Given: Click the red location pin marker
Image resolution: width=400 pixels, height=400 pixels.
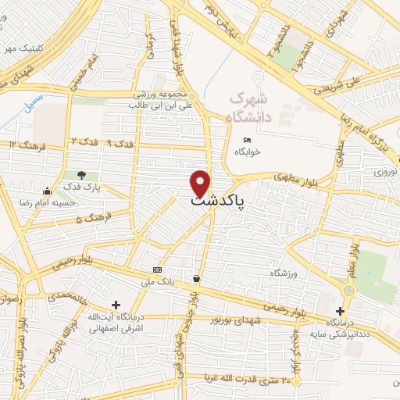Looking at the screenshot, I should point(201,183).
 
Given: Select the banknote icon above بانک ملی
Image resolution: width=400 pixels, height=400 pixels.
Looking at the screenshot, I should point(159,269).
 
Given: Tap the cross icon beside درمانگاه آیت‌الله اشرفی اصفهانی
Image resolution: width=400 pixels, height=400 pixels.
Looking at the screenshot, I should point(116,304).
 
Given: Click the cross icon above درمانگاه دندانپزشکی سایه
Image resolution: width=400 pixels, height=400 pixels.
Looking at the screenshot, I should point(340,310).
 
